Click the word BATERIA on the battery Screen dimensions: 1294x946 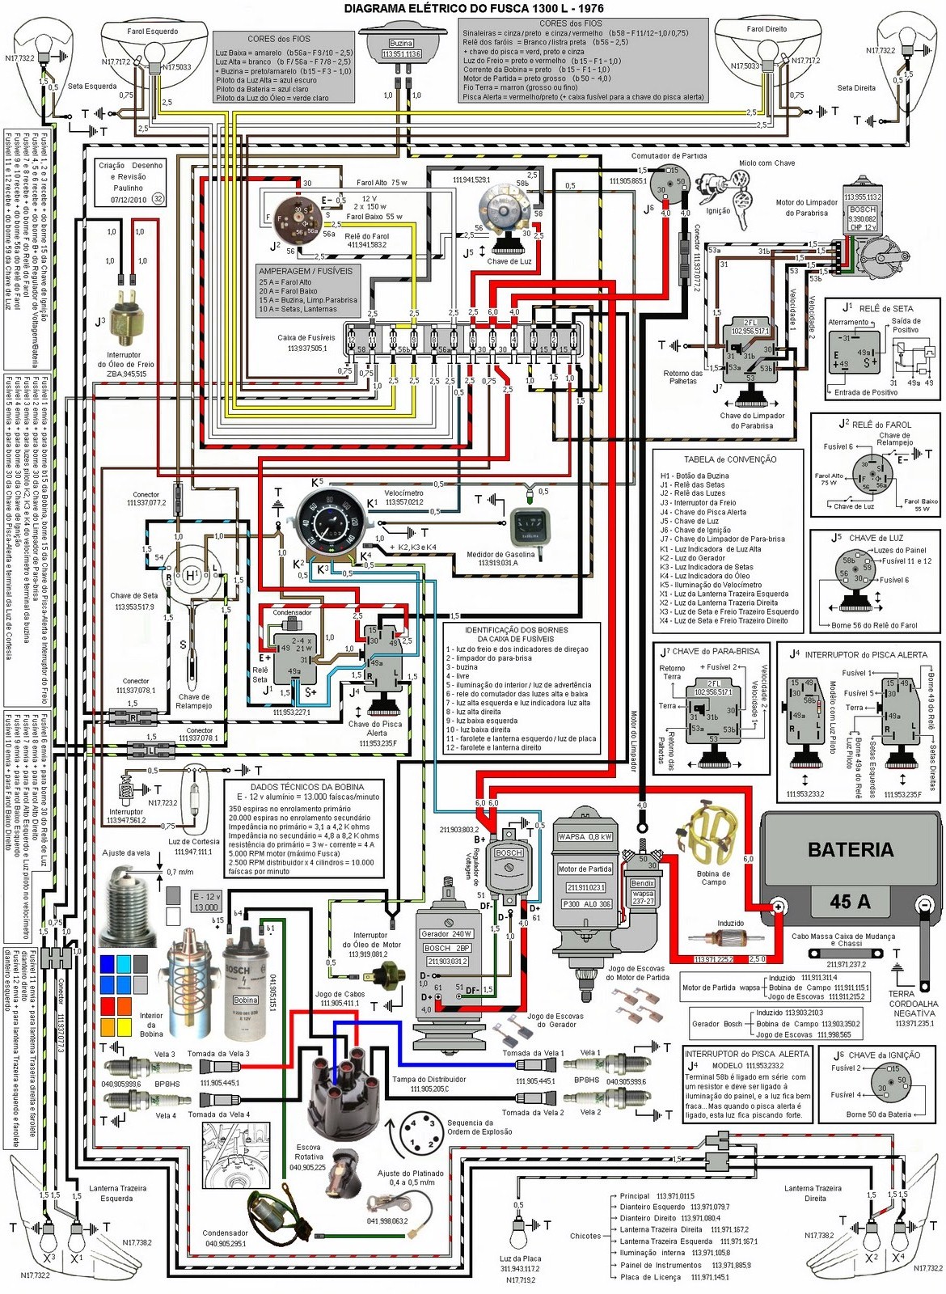tap(850, 850)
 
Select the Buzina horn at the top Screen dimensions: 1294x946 tap(401, 44)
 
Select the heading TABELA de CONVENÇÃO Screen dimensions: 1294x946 tap(729, 459)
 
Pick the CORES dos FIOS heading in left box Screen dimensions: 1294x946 tap(278, 39)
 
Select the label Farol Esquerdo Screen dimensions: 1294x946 tap(152, 32)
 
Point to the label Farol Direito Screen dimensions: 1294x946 tap(766, 28)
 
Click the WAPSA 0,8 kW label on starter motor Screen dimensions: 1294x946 tap(585, 837)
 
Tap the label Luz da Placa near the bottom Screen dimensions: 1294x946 tap(520, 1258)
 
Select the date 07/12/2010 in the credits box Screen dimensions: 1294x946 tap(129, 199)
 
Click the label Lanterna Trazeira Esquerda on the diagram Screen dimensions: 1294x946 tap(117, 1193)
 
